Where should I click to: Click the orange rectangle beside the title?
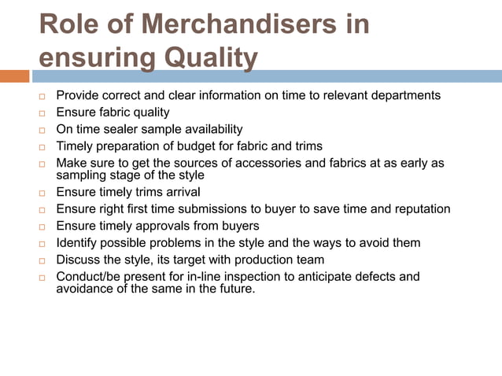coord(14,76)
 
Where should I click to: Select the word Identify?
coord(77,243)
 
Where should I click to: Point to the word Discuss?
coord(78,260)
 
